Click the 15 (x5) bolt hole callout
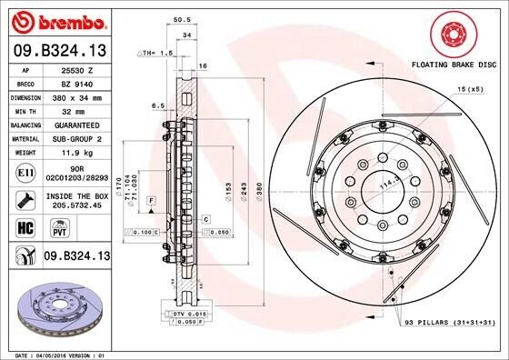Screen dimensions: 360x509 [x=469, y=89]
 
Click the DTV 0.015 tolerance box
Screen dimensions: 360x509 [x=185, y=313]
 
